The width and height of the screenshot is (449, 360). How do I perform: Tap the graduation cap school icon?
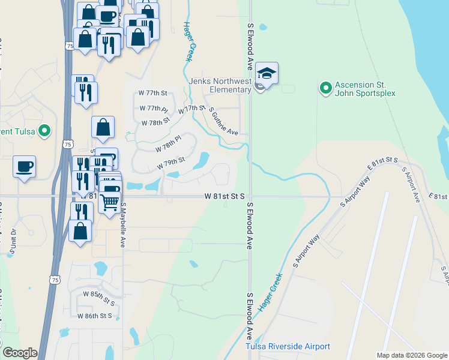[267, 73]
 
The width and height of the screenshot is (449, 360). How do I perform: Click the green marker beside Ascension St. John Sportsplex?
[325, 89]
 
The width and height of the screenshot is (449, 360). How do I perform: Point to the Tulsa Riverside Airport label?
[288, 347]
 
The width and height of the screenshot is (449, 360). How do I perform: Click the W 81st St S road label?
[224, 196]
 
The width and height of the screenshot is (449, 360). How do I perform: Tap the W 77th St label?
[152, 94]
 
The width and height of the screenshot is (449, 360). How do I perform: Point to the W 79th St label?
[170, 163]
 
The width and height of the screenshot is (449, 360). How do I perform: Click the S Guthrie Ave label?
[224, 121]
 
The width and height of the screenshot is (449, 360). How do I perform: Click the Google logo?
[20, 353]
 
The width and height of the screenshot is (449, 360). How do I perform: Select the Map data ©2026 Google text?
[412, 355]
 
